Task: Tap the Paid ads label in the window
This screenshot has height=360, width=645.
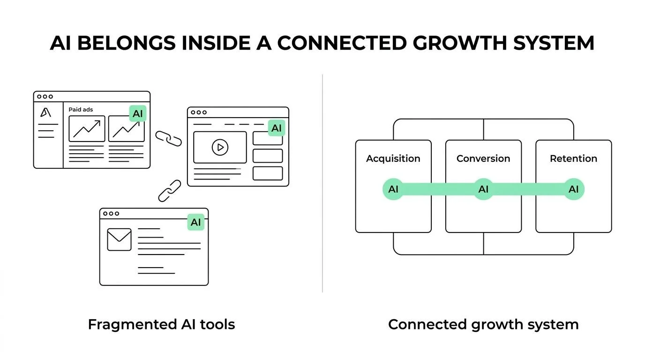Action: pos(81,109)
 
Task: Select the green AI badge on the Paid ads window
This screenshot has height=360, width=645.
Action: pos(137,113)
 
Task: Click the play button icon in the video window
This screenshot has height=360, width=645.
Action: pos(219,147)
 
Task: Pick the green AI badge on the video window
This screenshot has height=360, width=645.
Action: pos(277,128)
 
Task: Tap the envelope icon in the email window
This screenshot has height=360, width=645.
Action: pos(119,239)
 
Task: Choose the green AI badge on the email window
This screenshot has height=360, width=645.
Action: pos(195,222)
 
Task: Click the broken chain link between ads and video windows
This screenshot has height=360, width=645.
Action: pos(168,138)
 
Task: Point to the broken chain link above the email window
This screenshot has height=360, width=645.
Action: pos(169,191)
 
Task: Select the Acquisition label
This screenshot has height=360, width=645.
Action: pos(393,158)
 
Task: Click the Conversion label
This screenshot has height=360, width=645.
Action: pos(483,158)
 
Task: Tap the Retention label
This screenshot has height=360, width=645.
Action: pos(573,158)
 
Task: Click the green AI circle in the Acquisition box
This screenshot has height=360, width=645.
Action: pos(393,189)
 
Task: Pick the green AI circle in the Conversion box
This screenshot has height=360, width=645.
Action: pos(483,189)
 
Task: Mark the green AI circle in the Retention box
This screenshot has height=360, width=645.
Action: pos(573,189)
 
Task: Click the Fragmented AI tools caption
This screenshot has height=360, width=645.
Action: pos(161,324)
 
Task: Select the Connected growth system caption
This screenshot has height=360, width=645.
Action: pos(483,324)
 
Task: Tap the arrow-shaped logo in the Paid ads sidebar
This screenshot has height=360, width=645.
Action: pos(45,112)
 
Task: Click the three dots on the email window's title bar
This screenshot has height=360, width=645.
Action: pos(111,213)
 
